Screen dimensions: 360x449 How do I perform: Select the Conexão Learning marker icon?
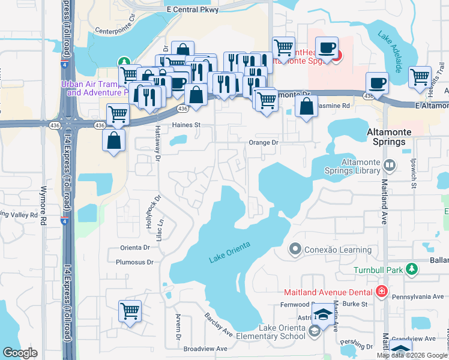point(295,248)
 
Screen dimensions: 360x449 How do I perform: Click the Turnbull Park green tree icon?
point(411,269)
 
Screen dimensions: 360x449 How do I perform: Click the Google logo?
point(20,353)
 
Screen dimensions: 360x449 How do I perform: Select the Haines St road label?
point(185,125)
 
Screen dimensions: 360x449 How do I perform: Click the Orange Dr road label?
point(264,143)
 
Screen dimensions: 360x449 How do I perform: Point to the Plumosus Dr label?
point(134,262)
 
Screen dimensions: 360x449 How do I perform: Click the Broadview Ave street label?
point(205,349)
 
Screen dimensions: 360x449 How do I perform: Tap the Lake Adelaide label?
point(393,43)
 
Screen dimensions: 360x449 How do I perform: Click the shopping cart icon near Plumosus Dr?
point(130,311)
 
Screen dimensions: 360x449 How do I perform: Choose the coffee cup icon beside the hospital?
point(327,48)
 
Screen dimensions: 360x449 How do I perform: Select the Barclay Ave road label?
point(218,325)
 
